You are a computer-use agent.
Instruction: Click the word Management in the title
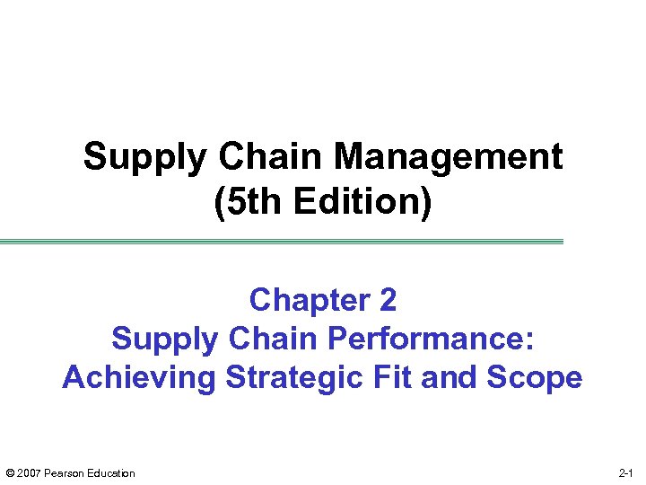pyautogui.click(x=450, y=157)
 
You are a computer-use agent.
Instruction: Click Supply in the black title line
pyautogui.click(x=144, y=157)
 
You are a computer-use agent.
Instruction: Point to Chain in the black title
pyautogui.click(x=270, y=157)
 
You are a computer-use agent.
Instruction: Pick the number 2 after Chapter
pyautogui.click(x=387, y=299)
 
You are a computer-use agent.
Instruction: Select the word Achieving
pyautogui.click(x=139, y=377)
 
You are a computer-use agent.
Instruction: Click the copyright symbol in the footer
pyautogui.click(x=10, y=473)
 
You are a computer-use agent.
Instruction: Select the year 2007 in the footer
pyautogui.click(x=29, y=473)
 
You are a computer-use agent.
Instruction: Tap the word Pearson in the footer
pyautogui.click(x=64, y=473)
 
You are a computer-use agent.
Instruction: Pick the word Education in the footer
pyautogui.click(x=110, y=473)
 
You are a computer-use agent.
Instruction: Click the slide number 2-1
pyautogui.click(x=626, y=473)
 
